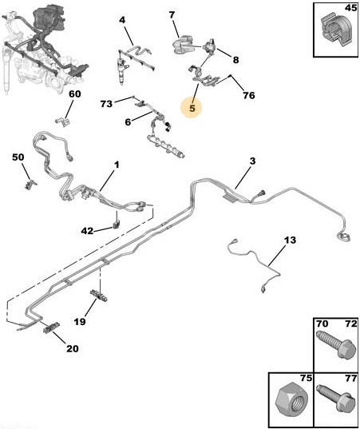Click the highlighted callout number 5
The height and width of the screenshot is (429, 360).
click(x=192, y=108)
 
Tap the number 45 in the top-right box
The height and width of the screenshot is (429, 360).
click(x=350, y=8)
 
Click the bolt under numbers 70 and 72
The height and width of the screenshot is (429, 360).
click(x=337, y=344)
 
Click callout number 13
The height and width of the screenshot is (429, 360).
click(x=290, y=240)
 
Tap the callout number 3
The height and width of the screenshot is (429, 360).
click(x=252, y=161)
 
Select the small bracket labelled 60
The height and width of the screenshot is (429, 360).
click(x=62, y=121)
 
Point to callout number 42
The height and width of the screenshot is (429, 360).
click(x=87, y=231)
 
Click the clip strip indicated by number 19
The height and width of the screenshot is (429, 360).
click(x=99, y=296)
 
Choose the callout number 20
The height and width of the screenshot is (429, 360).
click(x=72, y=348)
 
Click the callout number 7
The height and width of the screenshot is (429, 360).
click(x=172, y=14)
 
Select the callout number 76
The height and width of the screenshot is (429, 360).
click(x=248, y=96)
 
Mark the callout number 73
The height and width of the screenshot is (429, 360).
click(x=106, y=104)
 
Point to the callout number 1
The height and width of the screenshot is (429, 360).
click(x=117, y=165)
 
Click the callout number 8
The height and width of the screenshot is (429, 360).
click(x=235, y=60)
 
